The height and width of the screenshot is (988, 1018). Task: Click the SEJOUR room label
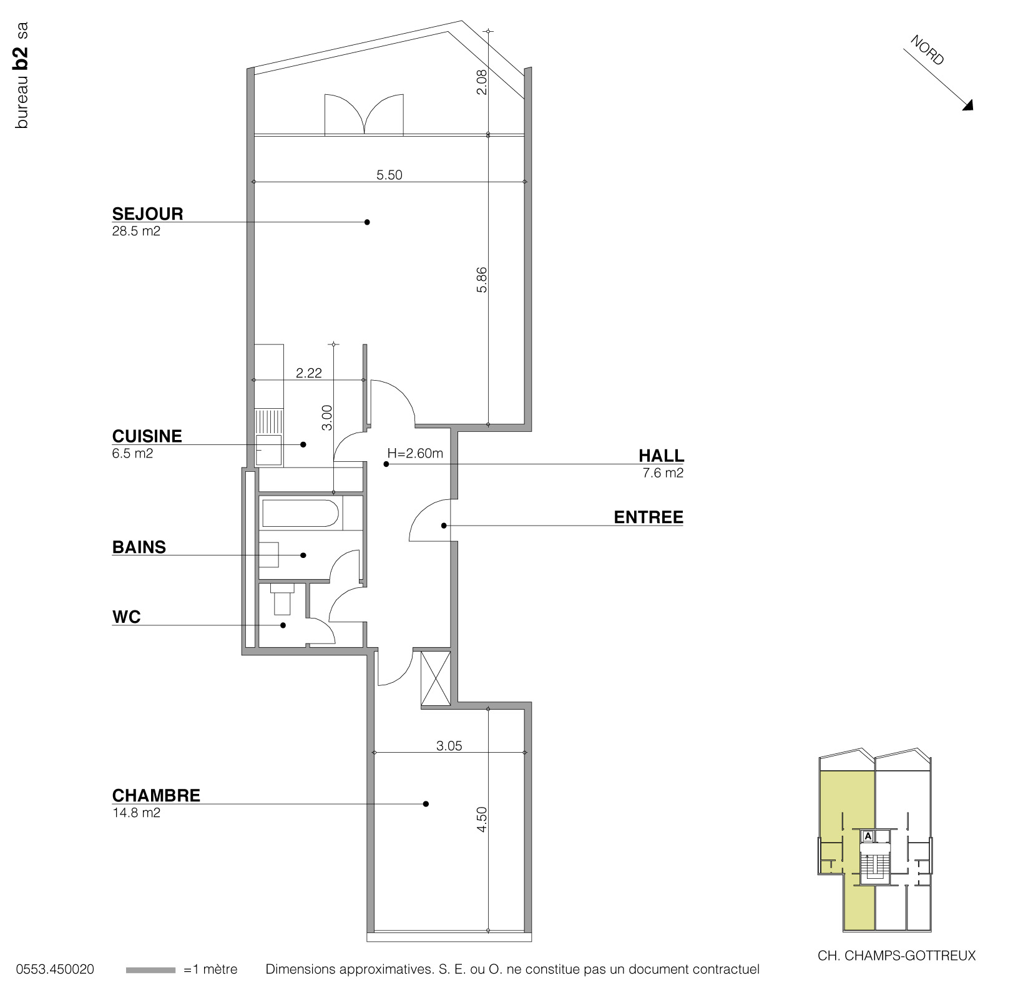pyautogui.click(x=147, y=214)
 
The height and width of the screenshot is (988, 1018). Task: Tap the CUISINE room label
pyautogui.click(x=147, y=436)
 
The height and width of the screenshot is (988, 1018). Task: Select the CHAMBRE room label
pyautogui.click(x=156, y=795)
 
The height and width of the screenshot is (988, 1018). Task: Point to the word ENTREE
pyautogui.click(x=648, y=517)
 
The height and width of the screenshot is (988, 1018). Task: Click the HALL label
pyautogui.click(x=661, y=455)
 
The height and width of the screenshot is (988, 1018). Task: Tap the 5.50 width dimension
pyautogui.click(x=389, y=175)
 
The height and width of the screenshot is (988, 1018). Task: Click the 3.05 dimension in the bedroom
pyautogui.click(x=449, y=746)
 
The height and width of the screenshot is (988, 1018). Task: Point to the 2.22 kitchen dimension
pyautogui.click(x=309, y=373)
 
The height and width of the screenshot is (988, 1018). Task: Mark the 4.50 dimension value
pyautogui.click(x=481, y=819)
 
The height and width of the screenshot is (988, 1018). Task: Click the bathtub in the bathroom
pyautogui.click(x=300, y=514)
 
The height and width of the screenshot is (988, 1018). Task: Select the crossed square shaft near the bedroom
pyautogui.click(x=436, y=678)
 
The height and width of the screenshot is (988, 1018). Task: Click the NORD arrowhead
pyautogui.click(x=968, y=106)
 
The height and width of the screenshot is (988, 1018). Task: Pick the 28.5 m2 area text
pyautogui.click(x=136, y=232)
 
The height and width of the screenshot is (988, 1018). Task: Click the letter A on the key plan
pyautogui.click(x=868, y=836)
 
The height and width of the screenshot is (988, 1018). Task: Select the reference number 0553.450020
pyautogui.click(x=55, y=970)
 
